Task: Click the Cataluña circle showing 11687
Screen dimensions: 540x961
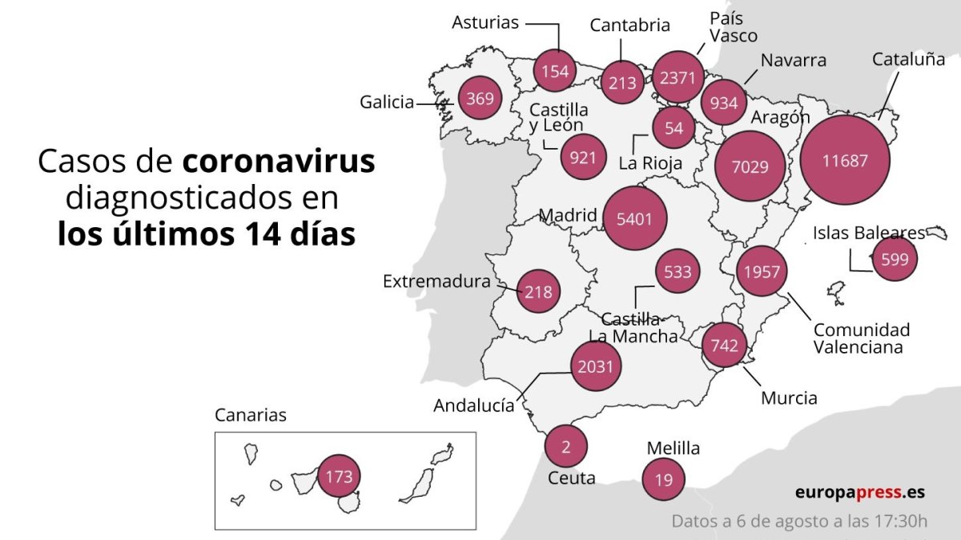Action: (845, 160)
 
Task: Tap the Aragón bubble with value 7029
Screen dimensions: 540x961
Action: (750, 166)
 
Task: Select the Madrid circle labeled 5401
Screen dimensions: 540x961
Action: (636, 218)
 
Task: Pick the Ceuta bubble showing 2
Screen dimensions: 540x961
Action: (565, 446)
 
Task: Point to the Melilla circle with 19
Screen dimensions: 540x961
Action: (664, 480)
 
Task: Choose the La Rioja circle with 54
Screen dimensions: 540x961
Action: (674, 128)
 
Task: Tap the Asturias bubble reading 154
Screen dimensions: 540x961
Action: (555, 71)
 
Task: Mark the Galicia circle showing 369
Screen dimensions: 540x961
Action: (480, 99)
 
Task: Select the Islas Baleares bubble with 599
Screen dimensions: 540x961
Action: (894, 259)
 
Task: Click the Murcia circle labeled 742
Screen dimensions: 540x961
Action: (724, 346)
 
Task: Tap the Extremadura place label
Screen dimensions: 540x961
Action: (436, 282)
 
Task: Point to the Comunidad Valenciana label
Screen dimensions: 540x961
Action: (862, 338)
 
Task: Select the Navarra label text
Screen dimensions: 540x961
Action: (793, 61)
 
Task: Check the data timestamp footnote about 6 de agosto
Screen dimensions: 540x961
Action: (799, 522)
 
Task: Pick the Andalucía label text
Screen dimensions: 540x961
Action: (474, 406)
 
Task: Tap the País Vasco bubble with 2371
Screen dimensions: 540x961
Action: (678, 78)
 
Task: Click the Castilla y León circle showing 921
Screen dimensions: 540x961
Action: (583, 157)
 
